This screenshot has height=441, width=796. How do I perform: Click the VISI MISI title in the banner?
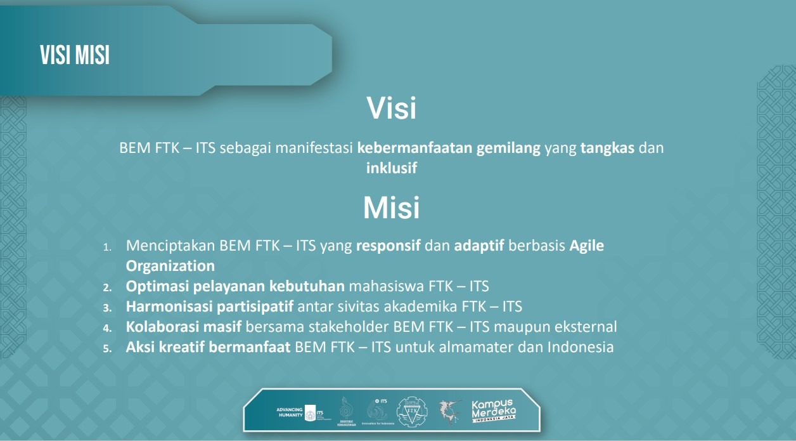click(75, 55)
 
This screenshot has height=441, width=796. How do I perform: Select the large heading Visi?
click(391, 109)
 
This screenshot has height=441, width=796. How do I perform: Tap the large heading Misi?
click(391, 207)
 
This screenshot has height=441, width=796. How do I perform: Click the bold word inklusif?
click(391, 168)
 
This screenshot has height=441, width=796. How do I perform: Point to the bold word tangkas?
click(607, 148)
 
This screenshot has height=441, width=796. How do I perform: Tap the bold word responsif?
click(388, 246)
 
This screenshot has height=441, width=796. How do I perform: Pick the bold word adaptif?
click(479, 246)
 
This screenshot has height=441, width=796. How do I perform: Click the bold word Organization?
click(170, 266)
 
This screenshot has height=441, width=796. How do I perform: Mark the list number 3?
click(107, 308)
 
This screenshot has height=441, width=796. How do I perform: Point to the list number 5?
click(107, 348)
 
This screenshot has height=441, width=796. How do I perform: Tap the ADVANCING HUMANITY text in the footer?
click(290, 412)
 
